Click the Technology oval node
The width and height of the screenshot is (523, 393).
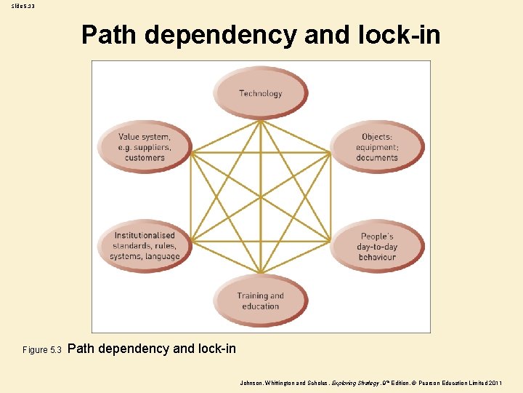coord(260,92)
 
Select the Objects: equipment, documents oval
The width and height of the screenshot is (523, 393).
coord(377,147)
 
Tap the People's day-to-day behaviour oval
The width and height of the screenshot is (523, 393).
coord(377,246)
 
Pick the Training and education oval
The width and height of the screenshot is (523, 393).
coord(260,301)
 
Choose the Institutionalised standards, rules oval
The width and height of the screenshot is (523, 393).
coord(145,246)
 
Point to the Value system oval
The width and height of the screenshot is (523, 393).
coord(145,147)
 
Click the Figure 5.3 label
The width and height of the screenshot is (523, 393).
coord(44,350)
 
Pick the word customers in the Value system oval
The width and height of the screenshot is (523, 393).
coord(145,158)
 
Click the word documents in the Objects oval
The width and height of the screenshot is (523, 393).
coord(377,158)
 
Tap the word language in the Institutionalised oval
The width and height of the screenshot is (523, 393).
coord(162,256)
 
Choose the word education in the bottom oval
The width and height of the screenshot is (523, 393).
coord(261,306)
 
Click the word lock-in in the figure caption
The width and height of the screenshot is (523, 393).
coord(216,349)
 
